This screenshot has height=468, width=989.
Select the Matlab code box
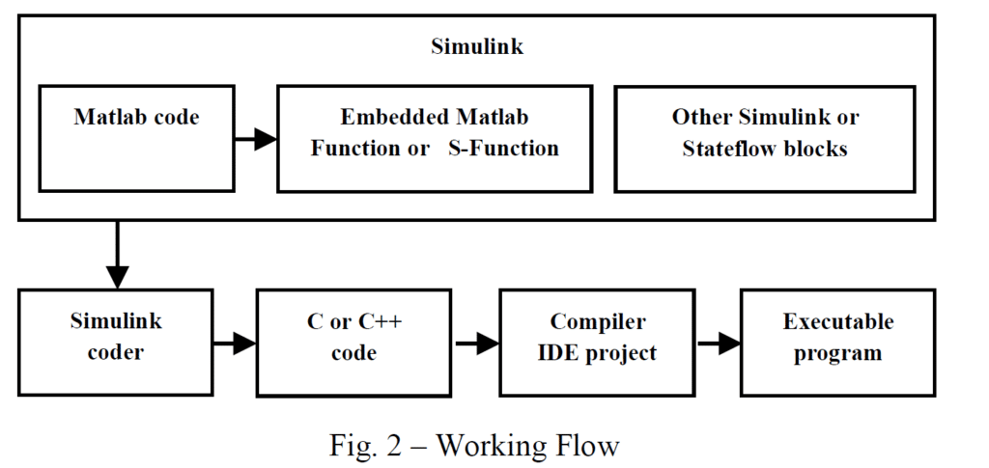pos(136,137)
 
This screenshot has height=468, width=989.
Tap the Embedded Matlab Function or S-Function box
pos(435,138)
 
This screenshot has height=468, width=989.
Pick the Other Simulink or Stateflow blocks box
pos(765,138)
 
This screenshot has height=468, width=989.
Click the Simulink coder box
pos(115,341)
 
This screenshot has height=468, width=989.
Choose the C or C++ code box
pos(353,341)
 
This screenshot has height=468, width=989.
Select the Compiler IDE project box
pos(597,341)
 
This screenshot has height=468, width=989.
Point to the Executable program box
pos(837,341)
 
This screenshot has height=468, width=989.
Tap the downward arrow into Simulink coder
pos(117,256)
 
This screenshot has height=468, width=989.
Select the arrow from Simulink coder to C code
pos(234,342)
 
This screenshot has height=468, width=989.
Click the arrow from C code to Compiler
pos(475,342)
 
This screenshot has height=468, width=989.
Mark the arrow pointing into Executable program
pos(718,342)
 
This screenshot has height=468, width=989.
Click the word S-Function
pos(503,149)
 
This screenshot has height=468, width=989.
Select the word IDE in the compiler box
pos(555,352)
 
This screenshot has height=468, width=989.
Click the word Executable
pos(837,321)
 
